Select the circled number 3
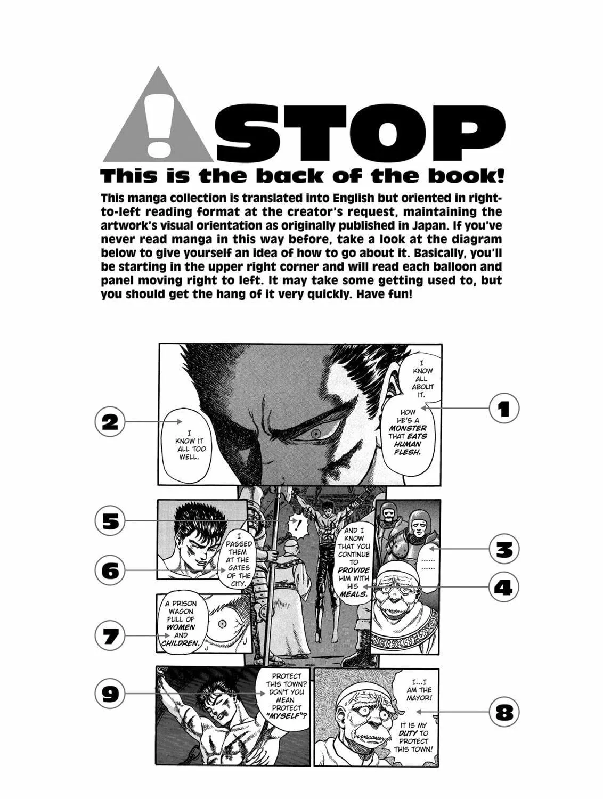tap(503, 550)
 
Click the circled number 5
tap(110, 521)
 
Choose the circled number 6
tap(110, 570)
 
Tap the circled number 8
tap(503, 712)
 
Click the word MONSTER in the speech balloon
tap(408, 428)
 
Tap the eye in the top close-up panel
tap(316, 434)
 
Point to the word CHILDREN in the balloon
tap(181, 643)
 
